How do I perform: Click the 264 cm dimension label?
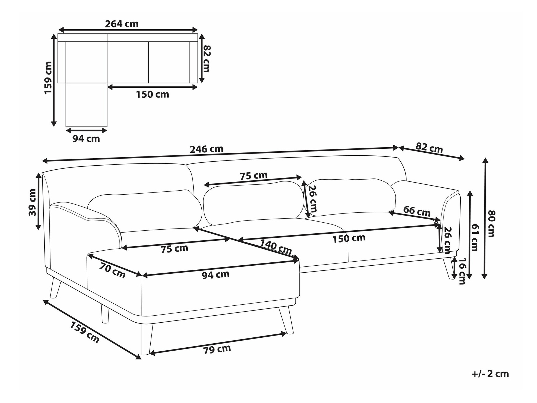(x=122, y=24)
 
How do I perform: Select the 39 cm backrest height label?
(x=32, y=202)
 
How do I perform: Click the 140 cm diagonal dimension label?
(x=276, y=247)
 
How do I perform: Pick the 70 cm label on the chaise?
(x=113, y=270)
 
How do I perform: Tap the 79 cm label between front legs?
(x=217, y=349)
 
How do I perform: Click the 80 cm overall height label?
(x=491, y=224)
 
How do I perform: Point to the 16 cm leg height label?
(x=462, y=271)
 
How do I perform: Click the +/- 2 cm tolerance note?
(x=490, y=374)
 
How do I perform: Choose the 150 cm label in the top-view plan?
(x=152, y=94)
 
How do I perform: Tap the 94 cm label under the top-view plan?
(x=86, y=139)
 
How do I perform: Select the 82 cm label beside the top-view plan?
(x=206, y=59)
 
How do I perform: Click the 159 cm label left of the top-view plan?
(x=48, y=78)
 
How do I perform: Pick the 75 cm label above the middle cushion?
(x=253, y=176)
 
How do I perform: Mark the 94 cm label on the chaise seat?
(x=215, y=274)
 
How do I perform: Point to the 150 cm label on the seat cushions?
(x=349, y=238)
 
